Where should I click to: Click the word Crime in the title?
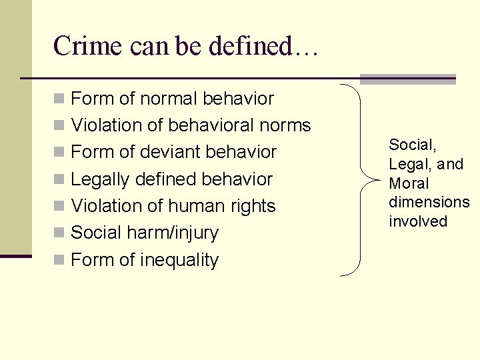pos(79,46)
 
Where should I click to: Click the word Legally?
pos(100,179)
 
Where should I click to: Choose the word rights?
pos(252,206)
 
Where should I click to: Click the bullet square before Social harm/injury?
pos(59,233)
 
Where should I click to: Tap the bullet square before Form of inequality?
pos(59,260)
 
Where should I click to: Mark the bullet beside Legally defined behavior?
pos(59,179)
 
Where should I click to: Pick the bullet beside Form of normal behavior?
pos(59,99)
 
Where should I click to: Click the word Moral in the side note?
pos(409,183)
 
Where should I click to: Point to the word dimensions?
pos(429,202)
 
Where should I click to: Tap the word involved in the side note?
pos(417,221)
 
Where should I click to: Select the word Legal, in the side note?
pos(408,164)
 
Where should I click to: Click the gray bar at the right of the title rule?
pos(407,79)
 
